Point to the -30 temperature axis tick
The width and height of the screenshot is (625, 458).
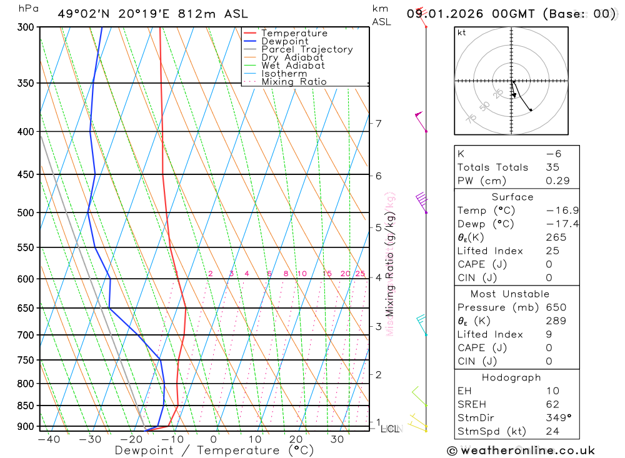click(90, 439)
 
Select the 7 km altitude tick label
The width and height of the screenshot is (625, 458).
click(379, 123)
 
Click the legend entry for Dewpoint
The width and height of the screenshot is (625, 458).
click(284, 41)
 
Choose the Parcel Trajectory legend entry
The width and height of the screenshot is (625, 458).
click(307, 49)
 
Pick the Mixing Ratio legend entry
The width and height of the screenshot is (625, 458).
click(294, 82)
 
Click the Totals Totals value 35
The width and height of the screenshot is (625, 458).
click(552, 167)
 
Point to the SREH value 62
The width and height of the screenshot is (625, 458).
click(552, 404)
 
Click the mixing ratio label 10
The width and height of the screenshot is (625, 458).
click(301, 274)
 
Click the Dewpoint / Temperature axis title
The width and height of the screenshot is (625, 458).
click(214, 451)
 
